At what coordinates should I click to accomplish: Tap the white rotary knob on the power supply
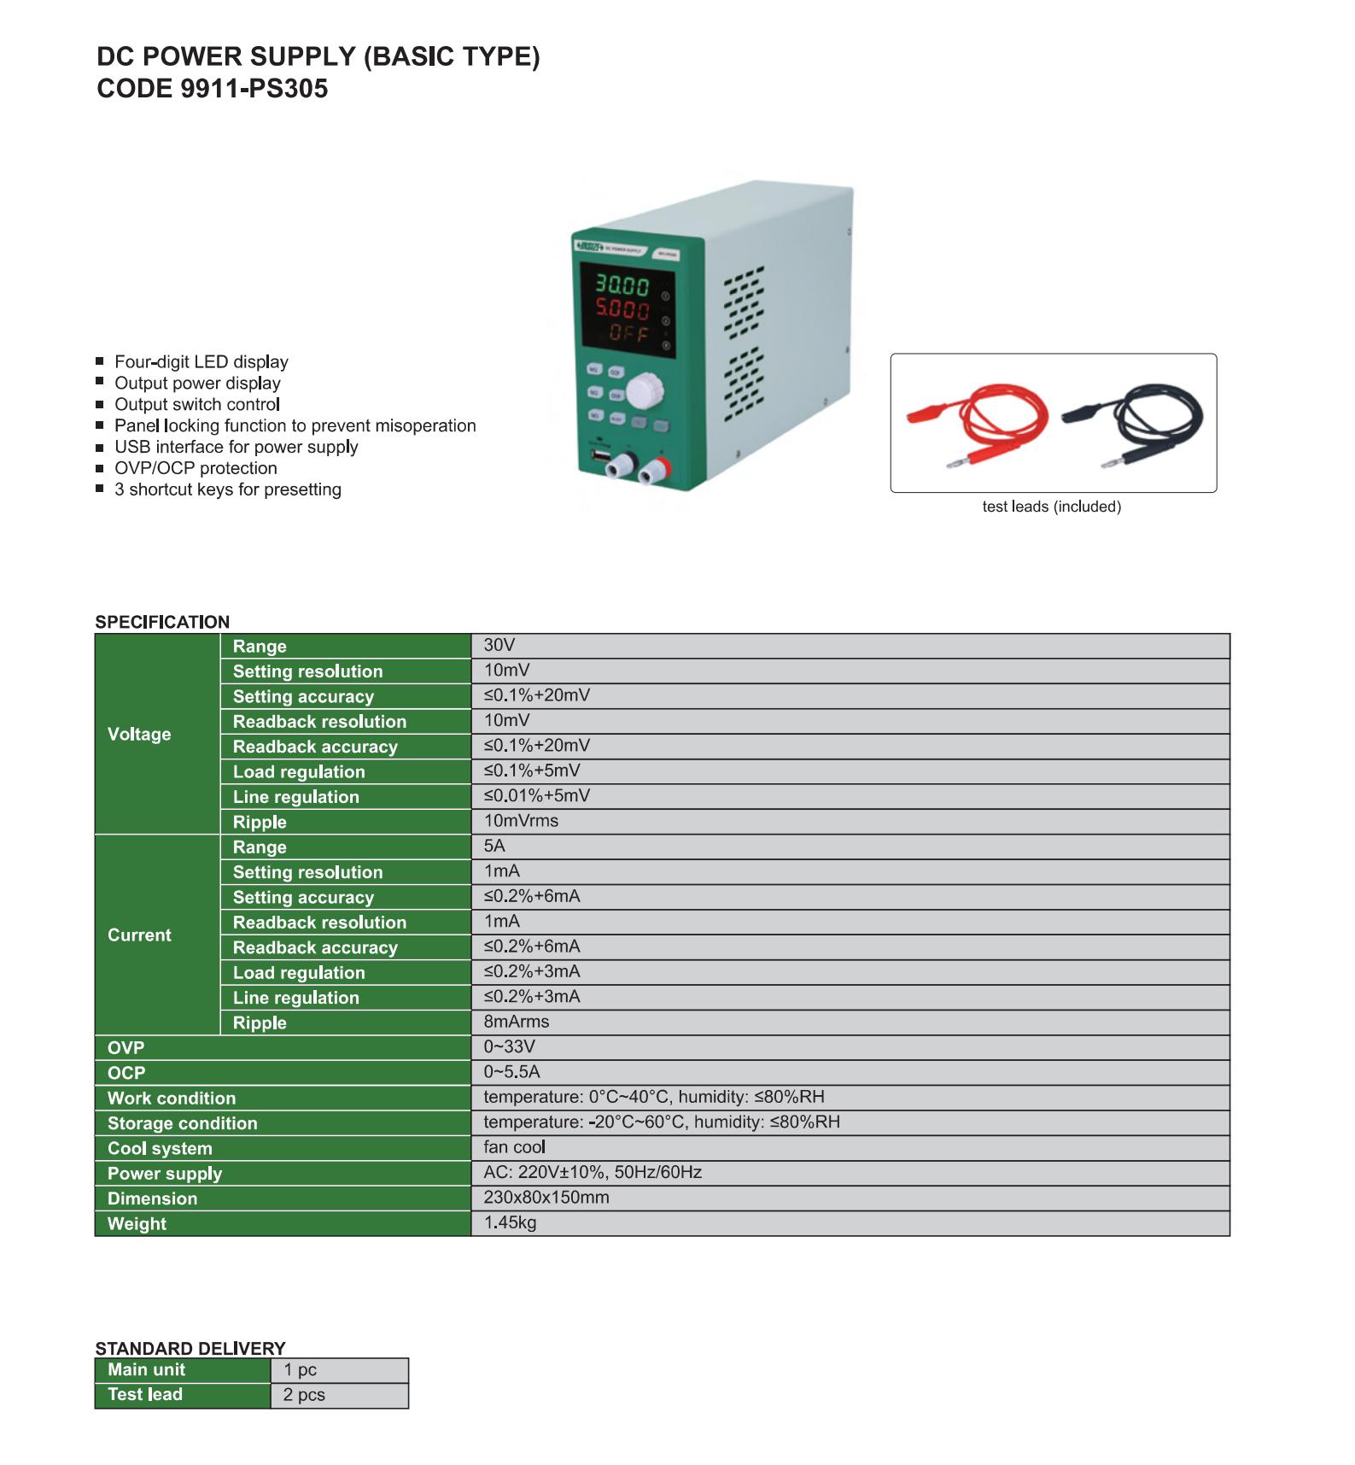642,392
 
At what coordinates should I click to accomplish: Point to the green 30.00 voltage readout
622,286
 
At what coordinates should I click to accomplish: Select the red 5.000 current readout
622,310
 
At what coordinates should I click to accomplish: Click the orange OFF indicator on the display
628,333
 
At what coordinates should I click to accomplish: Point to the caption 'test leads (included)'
1051,507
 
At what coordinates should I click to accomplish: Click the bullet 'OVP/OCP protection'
196,468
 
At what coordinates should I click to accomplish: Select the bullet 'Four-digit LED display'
201,362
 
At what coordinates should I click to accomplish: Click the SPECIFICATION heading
162,622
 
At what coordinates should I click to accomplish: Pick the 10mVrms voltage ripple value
521,821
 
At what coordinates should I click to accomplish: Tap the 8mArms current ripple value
516,1022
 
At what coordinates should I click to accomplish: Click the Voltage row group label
139,734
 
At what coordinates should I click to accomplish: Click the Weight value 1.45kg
510,1222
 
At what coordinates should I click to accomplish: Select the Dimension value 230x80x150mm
546,1198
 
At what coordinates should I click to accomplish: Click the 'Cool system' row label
160,1148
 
